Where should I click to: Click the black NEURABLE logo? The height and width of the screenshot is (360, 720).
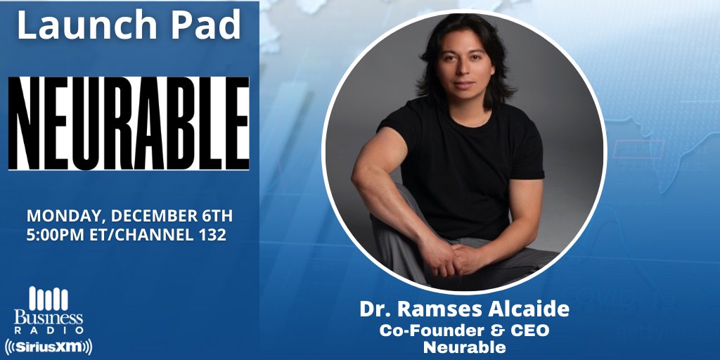[129, 123]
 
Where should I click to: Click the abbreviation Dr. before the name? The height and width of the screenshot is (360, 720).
[373, 310]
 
